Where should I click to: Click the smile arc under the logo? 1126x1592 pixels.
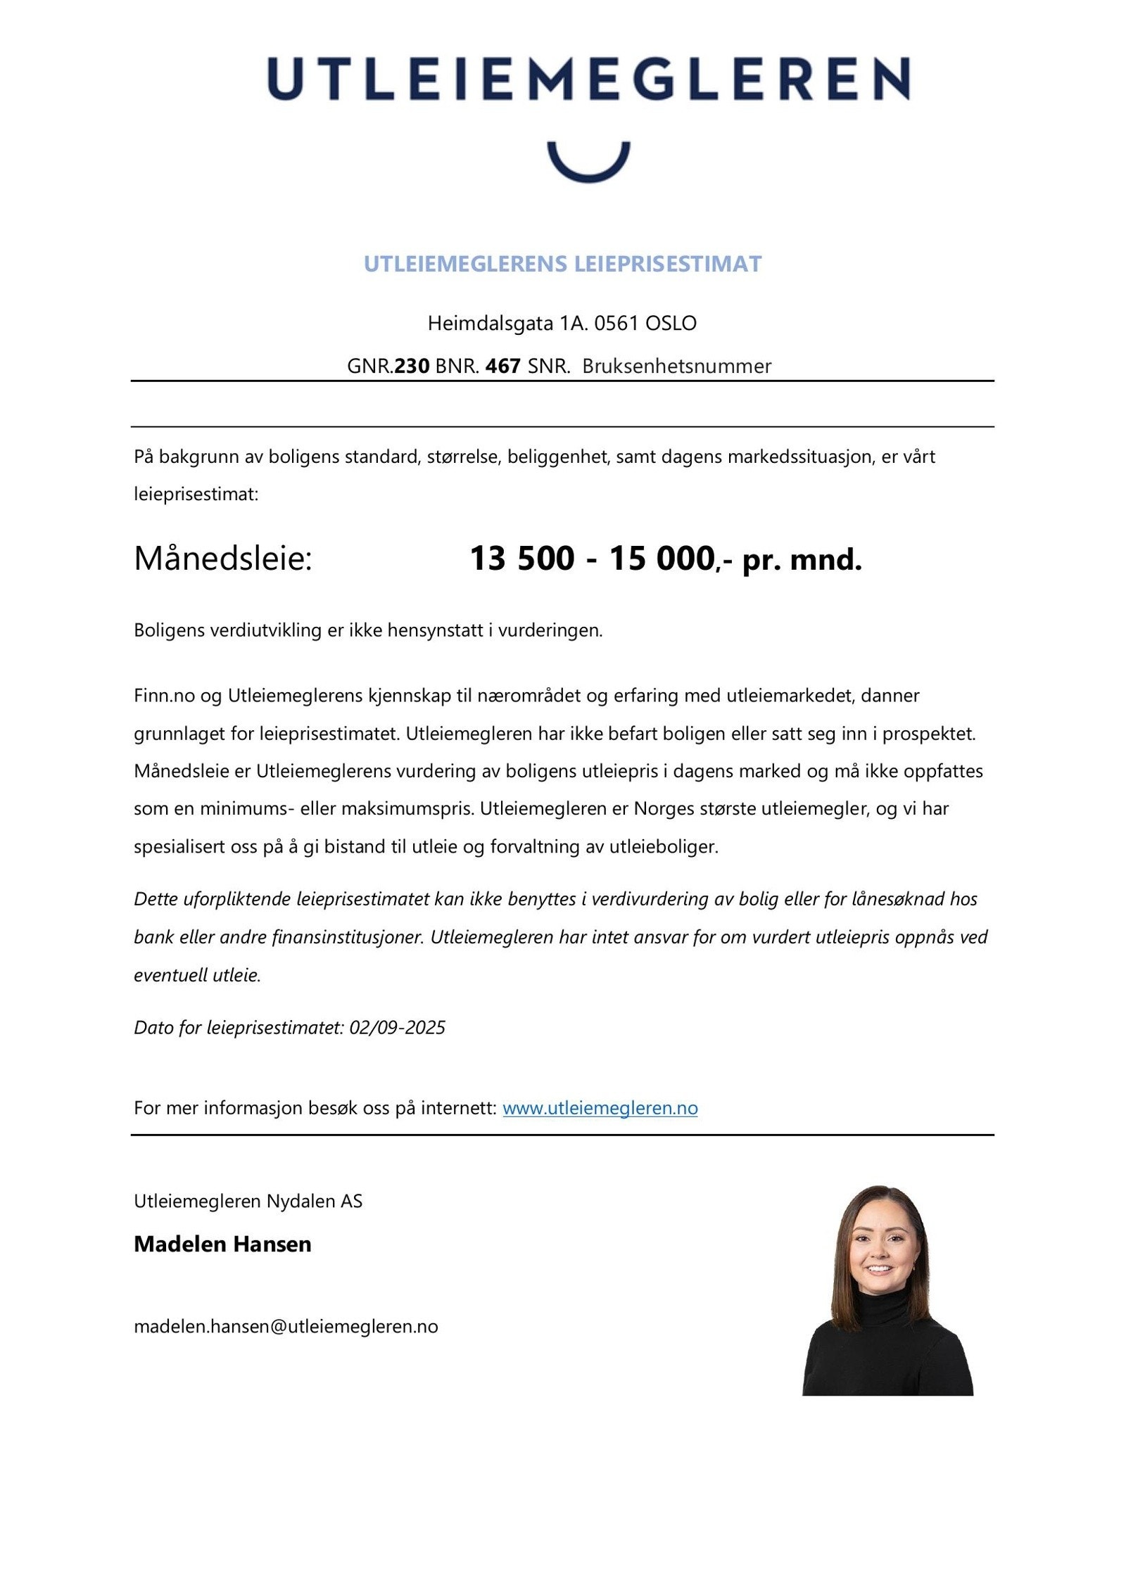(x=588, y=169)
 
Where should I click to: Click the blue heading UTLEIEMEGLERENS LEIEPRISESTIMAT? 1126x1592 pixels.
(x=562, y=264)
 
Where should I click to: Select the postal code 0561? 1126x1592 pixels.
(x=616, y=324)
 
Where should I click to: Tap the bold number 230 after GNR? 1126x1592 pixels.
(x=412, y=366)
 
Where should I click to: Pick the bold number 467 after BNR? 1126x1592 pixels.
(x=502, y=366)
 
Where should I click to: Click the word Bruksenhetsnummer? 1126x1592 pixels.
(x=676, y=366)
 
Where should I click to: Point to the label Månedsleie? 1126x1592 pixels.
(x=222, y=559)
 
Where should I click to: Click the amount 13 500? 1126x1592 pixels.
(x=521, y=559)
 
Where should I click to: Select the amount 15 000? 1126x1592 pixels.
(x=662, y=559)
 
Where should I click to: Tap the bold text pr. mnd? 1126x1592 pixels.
(x=802, y=560)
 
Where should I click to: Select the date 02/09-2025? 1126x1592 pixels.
(x=397, y=1028)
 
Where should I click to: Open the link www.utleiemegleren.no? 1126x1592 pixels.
(x=600, y=1108)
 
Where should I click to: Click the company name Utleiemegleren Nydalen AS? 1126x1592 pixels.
(x=248, y=1201)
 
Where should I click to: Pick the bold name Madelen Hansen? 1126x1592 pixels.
(x=222, y=1244)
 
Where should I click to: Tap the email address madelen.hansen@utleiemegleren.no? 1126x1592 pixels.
(x=286, y=1326)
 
